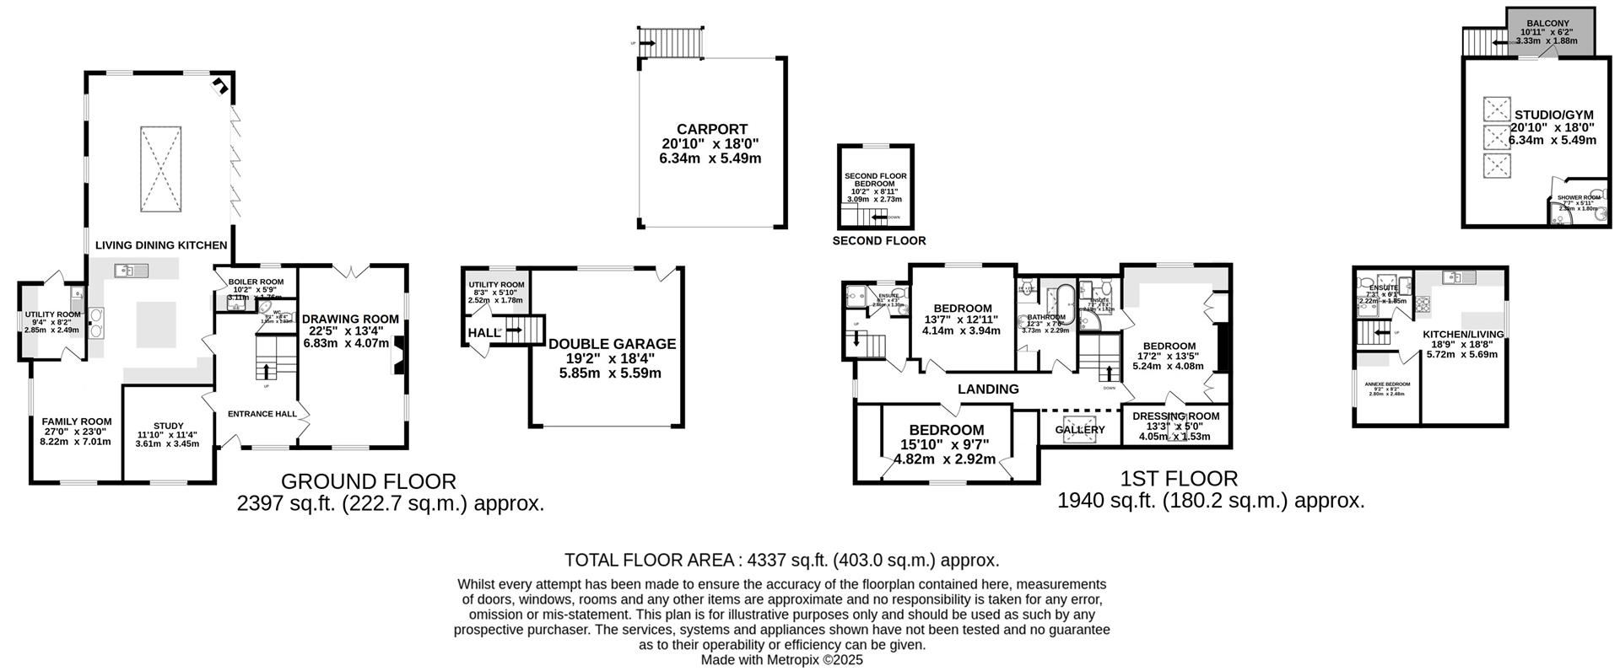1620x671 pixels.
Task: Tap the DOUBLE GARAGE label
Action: tap(612, 344)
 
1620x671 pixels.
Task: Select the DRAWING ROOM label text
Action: tap(350, 319)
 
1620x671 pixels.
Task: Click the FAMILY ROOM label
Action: tap(77, 421)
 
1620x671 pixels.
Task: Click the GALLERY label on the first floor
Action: tap(1079, 430)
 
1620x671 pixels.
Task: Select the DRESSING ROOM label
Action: tap(1175, 416)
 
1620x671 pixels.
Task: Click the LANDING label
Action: tap(988, 389)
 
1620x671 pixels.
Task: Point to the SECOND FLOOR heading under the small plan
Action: tap(878, 241)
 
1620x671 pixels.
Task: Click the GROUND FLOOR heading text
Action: tap(368, 481)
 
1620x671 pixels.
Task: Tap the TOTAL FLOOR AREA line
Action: tap(781, 560)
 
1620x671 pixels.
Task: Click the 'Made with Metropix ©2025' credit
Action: tap(781, 660)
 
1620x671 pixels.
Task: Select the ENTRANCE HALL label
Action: tap(262, 414)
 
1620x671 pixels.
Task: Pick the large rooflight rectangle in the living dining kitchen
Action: tap(160, 169)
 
